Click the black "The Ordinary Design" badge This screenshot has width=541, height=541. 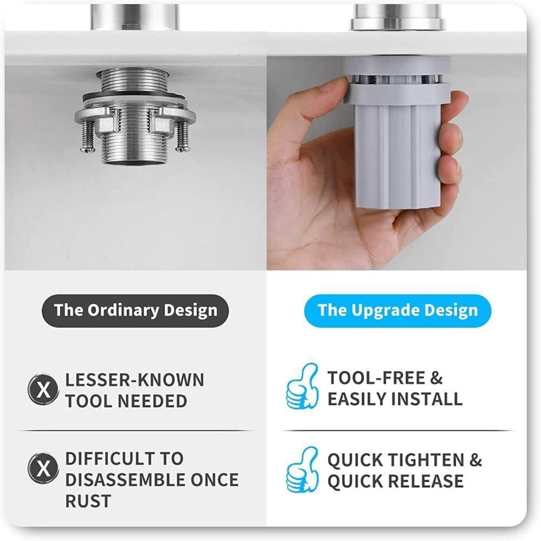point(135,311)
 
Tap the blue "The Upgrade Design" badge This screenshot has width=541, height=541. point(397,311)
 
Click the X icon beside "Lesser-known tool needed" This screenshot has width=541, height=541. point(43,390)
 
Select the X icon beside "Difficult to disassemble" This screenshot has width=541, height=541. point(43,469)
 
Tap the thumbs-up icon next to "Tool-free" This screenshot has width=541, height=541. point(302,386)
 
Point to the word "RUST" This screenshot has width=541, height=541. point(88,500)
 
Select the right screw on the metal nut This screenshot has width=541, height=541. point(183,135)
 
